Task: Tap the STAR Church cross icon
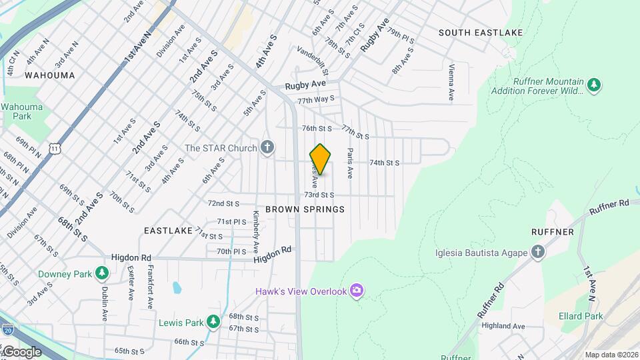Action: pos(267,147)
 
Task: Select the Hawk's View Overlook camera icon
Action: pos(357,289)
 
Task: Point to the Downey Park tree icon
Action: pos(102,273)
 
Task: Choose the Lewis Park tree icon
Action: pos(213,322)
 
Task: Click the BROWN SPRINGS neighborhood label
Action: pos(305,209)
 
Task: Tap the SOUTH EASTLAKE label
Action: pos(480,32)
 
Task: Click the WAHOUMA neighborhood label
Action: pos(50,75)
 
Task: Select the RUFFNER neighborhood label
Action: pos(553,231)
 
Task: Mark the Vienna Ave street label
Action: pos(452,83)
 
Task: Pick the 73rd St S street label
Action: pos(319,195)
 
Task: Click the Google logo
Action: pos(22,351)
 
